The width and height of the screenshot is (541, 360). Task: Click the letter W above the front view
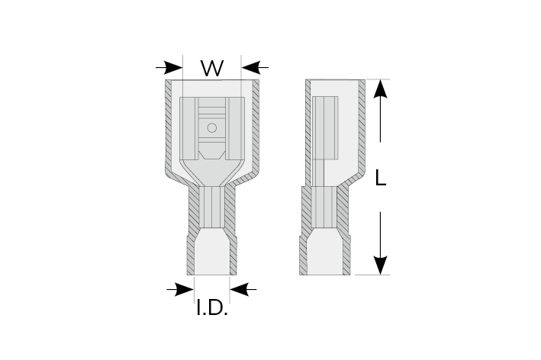click(211, 69)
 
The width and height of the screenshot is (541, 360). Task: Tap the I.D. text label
click(212, 310)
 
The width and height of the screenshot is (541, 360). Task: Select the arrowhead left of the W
click(175, 67)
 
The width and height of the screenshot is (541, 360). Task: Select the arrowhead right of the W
click(249, 67)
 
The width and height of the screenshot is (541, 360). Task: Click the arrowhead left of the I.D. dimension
click(185, 288)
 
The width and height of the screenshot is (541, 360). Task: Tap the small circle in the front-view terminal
click(213, 127)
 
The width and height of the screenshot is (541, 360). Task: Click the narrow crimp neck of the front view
click(212, 209)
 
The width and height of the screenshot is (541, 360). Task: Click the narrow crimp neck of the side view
click(326, 209)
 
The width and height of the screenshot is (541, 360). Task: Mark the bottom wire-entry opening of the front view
click(212, 256)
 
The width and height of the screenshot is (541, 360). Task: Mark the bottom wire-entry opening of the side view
click(326, 256)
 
